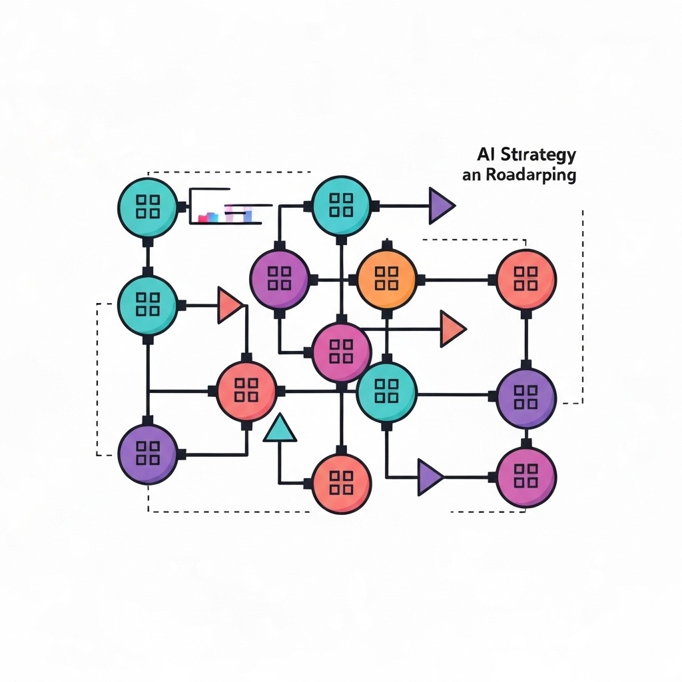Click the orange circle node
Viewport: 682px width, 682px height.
387,279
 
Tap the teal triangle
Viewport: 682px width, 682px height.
280,428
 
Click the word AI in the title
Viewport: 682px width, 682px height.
484,155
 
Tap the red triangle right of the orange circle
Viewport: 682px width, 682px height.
452,328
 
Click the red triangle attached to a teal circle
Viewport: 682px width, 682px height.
230,305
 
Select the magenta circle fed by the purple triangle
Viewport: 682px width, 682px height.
526,476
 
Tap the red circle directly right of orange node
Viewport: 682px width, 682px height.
526,279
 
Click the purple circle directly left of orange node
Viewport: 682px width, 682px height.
280,279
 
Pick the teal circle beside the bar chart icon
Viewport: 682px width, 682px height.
147,206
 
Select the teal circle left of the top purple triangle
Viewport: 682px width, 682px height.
341,206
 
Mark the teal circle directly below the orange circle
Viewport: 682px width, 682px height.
387,392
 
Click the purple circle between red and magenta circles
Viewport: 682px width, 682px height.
526,398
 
